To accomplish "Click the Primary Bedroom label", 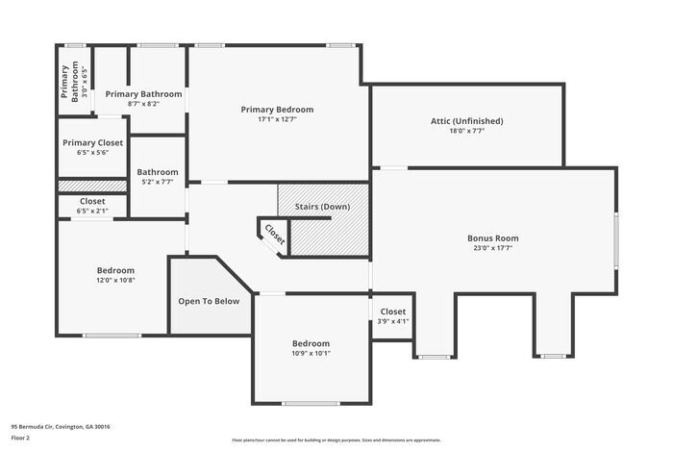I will click(x=277, y=110).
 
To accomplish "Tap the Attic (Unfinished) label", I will click(x=466, y=121).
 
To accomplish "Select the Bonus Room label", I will click(x=492, y=237).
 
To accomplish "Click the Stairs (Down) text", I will click(x=322, y=207).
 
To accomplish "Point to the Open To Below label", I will click(x=209, y=301).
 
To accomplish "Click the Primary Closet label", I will click(x=92, y=142).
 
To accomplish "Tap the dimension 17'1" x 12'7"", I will click(x=277, y=120).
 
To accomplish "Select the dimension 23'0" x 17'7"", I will click(x=492, y=248).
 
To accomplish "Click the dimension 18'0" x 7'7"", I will click(x=466, y=132).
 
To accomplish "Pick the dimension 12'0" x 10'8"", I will click(x=115, y=281).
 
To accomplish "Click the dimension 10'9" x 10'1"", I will click(x=311, y=353).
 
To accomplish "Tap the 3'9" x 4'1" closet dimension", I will click(x=393, y=321).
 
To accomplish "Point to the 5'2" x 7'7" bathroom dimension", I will click(x=157, y=182).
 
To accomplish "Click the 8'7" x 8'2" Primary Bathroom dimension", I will click(x=143, y=104).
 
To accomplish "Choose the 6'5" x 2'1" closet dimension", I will click(x=92, y=211).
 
